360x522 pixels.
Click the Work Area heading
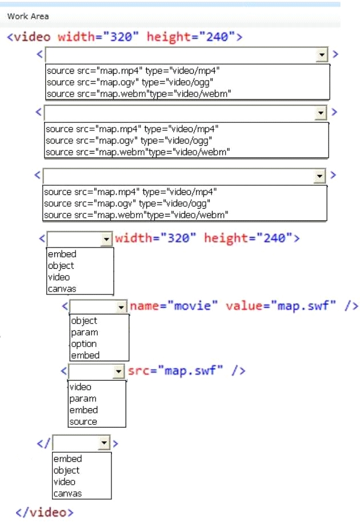coord(28,17)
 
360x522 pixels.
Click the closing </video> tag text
coord(45,512)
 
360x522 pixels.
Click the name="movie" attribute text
coord(174,305)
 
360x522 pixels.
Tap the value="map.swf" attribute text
coord(281,305)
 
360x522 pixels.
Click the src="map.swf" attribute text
coord(175,370)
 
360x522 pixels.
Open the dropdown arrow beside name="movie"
coord(121,306)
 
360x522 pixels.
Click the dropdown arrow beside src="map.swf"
coord(119,371)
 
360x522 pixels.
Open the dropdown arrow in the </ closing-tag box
coord(104,443)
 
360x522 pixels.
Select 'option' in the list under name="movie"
coord(83,344)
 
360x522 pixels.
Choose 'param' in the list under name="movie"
coord(85,332)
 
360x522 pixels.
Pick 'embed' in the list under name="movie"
coord(85,355)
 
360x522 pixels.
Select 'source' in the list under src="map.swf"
coord(83,421)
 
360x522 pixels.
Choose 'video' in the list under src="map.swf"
coord(80,387)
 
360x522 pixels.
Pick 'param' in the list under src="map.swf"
coord(83,399)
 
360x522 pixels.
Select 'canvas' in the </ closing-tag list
coord(67,493)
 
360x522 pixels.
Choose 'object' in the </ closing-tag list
coord(66,471)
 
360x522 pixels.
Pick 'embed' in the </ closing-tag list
coord(67,459)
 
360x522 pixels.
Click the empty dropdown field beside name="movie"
coord(93,306)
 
